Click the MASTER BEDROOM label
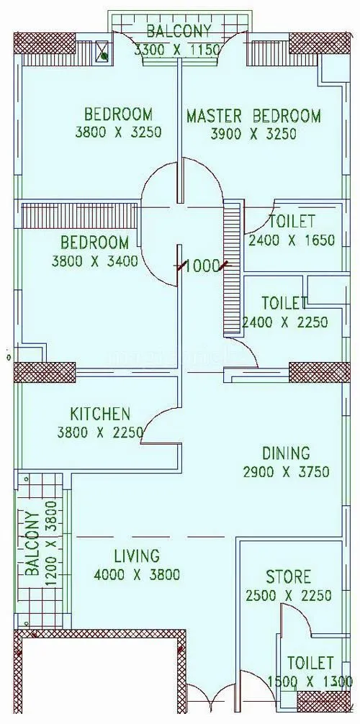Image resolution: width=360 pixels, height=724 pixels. [x=253, y=116]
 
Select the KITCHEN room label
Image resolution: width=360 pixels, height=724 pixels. [x=100, y=414]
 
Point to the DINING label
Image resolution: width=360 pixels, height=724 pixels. [x=286, y=453]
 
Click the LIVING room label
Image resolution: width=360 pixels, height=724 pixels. [x=136, y=556]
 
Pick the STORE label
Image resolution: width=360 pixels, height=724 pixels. [x=288, y=576]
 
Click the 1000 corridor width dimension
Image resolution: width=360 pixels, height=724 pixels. [x=202, y=266]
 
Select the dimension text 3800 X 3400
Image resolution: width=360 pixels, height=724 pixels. [x=94, y=261]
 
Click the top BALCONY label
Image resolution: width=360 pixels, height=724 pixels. [x=179, y=31]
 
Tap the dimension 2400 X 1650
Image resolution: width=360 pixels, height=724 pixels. [x=291, y=240]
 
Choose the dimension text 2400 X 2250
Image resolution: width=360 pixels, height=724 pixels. [x=285, y=322]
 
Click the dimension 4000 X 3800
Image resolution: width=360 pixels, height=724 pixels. [x=136, y=575]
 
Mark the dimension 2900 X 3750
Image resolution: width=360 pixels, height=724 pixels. [x=286, y=472]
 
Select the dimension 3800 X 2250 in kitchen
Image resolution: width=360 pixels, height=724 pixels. [x=100, y=433]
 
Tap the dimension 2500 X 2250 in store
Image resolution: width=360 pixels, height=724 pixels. [x=288, y=596]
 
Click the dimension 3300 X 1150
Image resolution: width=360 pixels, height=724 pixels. [x=179, y=50]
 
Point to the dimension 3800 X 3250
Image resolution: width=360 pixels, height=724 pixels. [x=118, y=132]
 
